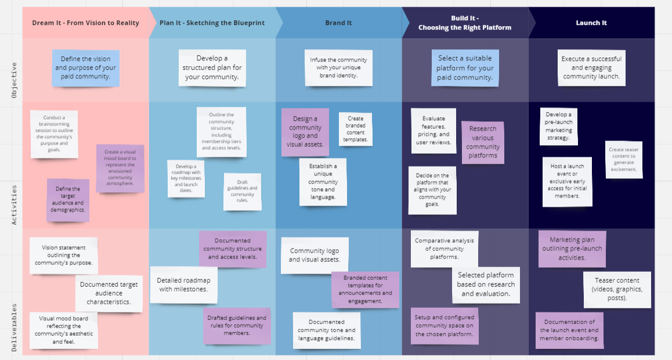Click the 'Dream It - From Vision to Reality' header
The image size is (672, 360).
(x=85, y=23)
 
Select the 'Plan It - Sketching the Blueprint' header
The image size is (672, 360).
(x=212, y=23)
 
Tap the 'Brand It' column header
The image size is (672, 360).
(x=338, y=23)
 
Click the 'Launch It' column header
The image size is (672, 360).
(x=591, y=23)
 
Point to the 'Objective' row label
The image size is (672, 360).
(x=15, y=80)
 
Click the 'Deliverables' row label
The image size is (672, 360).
(x=15, y=327)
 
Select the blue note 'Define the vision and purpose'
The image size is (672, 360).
(x=85, y=68)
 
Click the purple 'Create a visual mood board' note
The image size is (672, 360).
(x=120, y=168)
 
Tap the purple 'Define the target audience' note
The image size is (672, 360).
(x=68, y=200)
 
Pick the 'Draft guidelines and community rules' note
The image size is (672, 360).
(x=243, y=191)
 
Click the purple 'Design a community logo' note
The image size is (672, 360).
(x=305, y=132)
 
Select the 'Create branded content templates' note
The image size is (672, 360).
(x=355, y=129)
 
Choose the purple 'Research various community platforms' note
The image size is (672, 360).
(x=482, y=142)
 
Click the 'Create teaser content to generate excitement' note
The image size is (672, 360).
(x=623, y=160)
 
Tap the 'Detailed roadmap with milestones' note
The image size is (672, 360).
(x=183, y=285)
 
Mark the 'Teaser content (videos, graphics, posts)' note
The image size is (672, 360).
(x=617, y=289)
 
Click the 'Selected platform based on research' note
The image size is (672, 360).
(x=486, y=285)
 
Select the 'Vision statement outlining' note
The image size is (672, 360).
(x=64, y=255)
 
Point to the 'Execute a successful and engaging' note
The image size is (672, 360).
(x=591, y=67)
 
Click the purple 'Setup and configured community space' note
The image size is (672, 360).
(x=445, y=326)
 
